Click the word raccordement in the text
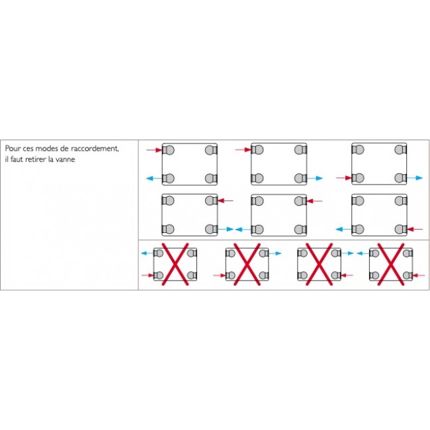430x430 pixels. coord(95,149)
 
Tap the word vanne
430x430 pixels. coord(65,159)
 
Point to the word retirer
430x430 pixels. coord(36,159)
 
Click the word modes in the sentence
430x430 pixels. coord(47,149)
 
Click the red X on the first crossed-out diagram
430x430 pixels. coord(175,265)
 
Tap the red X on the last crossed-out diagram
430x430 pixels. coord(391,265)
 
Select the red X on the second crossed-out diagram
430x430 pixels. coord(247,265)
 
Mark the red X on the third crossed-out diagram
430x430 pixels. coord(319,265)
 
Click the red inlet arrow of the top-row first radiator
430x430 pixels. coord(154,150)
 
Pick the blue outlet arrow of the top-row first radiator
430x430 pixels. coord(154,179)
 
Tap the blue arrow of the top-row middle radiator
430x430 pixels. coord(315,178)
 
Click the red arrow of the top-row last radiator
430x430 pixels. coord(344,178)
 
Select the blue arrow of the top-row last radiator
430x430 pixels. coord(415,178)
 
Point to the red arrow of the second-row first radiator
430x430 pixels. coord(226,200)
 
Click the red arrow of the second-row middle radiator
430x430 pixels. coord(314,201)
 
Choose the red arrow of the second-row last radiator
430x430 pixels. coord(415,229)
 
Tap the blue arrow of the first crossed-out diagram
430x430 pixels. coord(148,253)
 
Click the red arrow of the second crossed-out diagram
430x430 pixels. coord(220,275)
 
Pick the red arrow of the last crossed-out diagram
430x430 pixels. coord(419,275)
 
